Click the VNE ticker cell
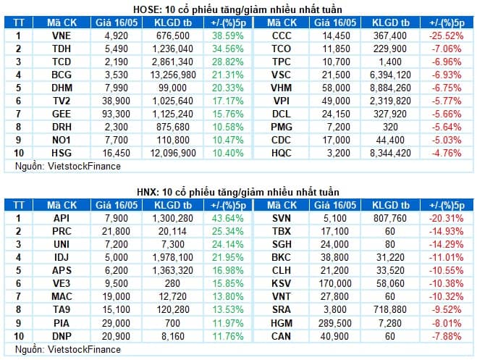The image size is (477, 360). [x=62, y=35]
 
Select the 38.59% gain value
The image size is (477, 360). [x=228, y=35]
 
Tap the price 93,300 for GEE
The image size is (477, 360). [x=117, y=114]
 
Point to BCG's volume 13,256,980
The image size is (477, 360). [x=173, y=75]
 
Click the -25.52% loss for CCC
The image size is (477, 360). [x=447, y=35]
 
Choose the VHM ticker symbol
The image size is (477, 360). [x=282, y=88]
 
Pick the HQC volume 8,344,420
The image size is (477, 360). [x=390, y=153]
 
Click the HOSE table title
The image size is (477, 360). [x=237, y=9]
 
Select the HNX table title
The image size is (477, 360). [x=238, y=192]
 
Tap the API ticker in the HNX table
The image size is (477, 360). [x=62, y=218]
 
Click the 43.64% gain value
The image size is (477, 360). [x=228, y=218]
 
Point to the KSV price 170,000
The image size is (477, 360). [x=335, y=283]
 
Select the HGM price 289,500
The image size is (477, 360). [x=335, y=323]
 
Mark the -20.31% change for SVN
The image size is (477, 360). [x=447, y=218]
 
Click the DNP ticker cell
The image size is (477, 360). [x=62, y=336]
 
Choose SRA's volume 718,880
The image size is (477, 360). [x=390, y=309]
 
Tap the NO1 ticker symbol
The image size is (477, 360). [x=62, y=140]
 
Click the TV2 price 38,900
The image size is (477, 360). [x=117, y=101]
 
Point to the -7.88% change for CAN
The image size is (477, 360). [x=447, y=336]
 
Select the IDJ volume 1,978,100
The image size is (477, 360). [x=173, y=257]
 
